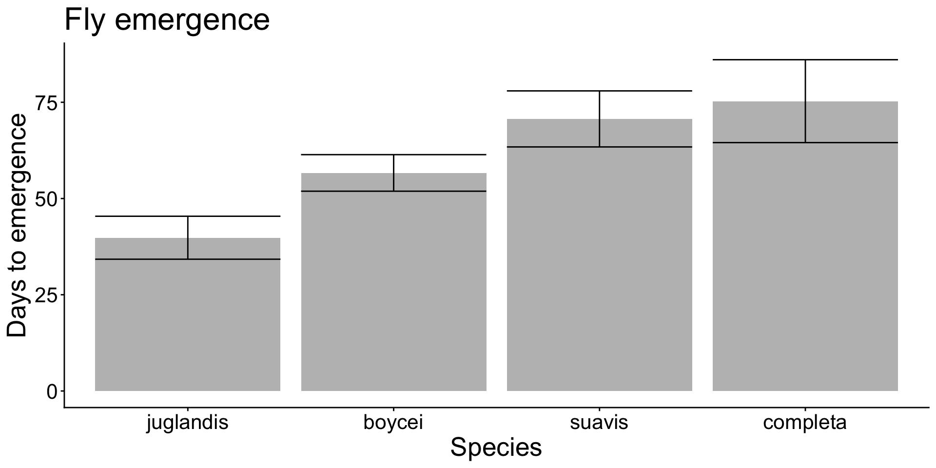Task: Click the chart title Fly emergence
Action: coord(167,20)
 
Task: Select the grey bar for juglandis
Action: coord(187,322)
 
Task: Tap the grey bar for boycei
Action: coord(393,292)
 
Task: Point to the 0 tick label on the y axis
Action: coord(52,391)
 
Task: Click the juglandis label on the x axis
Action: coord(187,423)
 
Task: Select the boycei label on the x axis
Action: coord(393,423)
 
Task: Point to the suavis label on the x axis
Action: coord(599,423)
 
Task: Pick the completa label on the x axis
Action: coord(805,423)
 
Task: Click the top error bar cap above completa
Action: coord(805,60)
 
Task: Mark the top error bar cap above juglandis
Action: coord(187,216)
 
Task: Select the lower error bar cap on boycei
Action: coord(393,191)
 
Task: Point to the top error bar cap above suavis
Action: coord(599,91)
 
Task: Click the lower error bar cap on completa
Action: coord(805,142)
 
